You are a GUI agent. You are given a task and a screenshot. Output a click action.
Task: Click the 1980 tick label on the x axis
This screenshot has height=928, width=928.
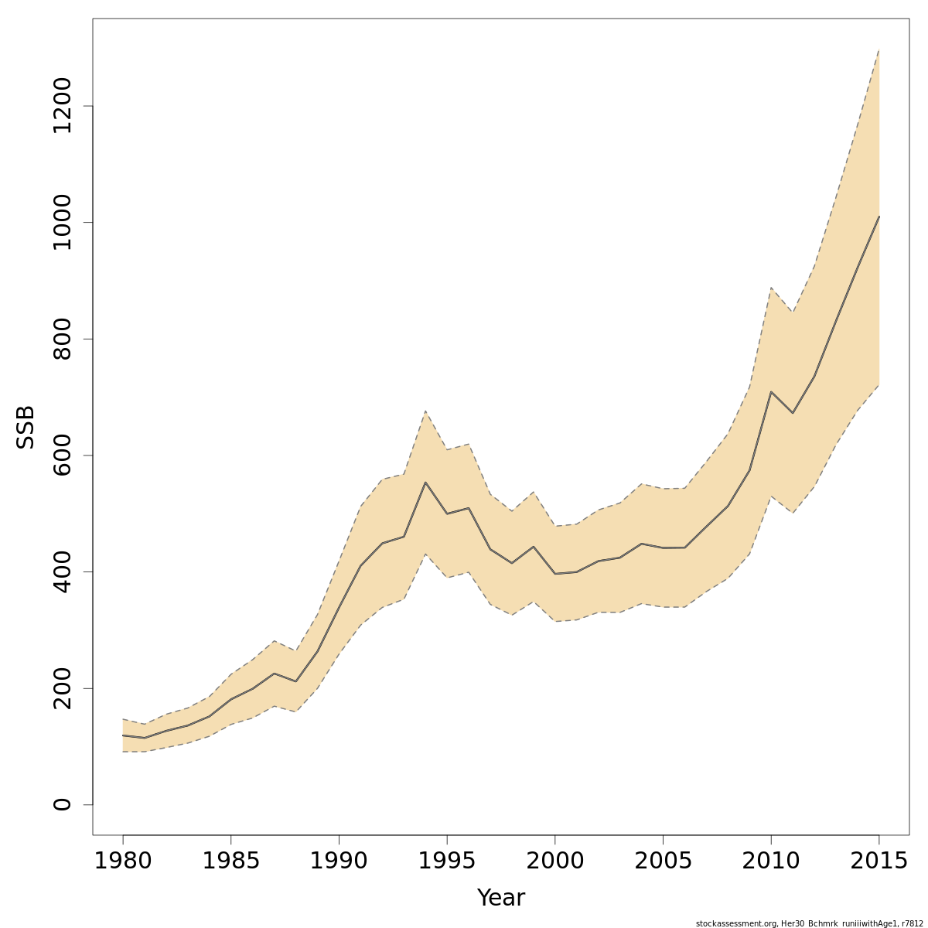[123, 861]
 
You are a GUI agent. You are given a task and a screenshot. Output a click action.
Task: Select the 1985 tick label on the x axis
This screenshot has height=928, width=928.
[231, 861]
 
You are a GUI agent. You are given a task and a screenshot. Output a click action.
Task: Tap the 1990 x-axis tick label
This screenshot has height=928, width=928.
[339, 861]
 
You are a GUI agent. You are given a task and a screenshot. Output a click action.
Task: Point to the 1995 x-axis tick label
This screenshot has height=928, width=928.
[447, 861]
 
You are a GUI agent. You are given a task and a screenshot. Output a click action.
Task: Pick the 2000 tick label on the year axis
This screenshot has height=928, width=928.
[554, 861]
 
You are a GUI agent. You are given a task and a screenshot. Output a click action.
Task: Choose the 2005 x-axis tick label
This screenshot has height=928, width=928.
[663, 861]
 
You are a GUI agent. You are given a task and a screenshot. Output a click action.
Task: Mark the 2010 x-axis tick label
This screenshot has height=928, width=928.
[770, 861]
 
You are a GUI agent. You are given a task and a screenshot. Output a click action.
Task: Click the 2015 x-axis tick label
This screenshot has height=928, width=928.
[879, 861]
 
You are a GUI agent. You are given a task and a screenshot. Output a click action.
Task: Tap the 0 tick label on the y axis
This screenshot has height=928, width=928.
[62, 805]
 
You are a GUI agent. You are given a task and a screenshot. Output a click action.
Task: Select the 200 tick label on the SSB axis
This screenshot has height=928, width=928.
[62, 688]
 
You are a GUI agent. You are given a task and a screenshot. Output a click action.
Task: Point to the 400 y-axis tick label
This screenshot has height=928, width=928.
[62, 571]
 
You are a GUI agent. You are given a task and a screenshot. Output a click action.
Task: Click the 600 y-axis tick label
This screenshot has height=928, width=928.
[62, 455]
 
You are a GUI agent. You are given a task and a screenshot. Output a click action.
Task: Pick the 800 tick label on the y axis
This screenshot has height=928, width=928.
[62, 339]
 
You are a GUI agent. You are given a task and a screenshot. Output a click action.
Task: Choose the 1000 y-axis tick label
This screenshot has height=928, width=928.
[62, 223]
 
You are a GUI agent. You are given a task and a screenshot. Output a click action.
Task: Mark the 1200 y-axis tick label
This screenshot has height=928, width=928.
[62, 106]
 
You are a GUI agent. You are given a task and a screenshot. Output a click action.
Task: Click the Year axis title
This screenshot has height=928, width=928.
[500, 899]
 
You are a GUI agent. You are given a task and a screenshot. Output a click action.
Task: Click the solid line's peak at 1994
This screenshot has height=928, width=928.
[425, 483]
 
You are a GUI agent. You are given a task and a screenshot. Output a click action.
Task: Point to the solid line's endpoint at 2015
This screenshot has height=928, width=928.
[879, 217]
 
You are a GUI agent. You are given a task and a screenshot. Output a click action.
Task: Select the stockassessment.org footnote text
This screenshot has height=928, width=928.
[809, 923]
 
